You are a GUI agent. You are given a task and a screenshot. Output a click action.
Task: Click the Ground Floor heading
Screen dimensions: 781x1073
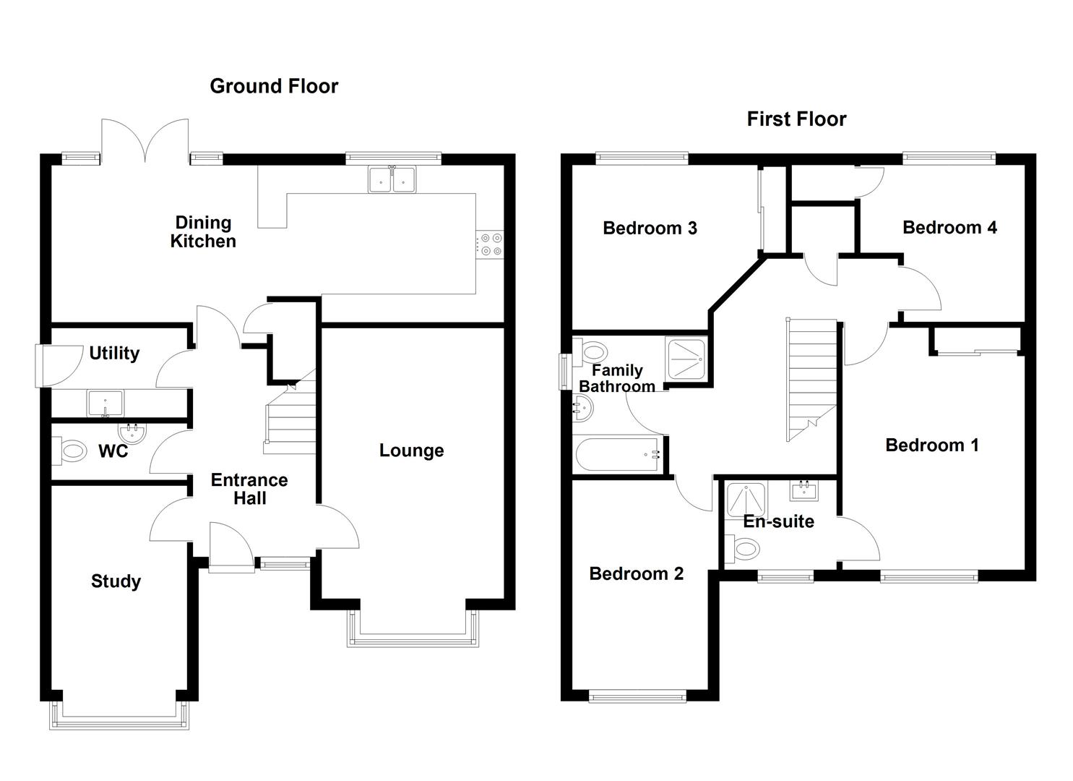click(274, 86)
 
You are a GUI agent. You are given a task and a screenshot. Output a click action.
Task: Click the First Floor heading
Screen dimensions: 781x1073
click(796, 119)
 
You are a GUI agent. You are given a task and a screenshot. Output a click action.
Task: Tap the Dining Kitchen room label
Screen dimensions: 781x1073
click(203, 231)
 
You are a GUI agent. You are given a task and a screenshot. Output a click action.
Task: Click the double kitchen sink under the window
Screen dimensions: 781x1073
click(392, 179)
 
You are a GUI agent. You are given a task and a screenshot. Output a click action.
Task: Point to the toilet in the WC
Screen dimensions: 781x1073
click(71, 452)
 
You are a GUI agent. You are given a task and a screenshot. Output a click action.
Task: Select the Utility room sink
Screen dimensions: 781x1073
click(105, 402)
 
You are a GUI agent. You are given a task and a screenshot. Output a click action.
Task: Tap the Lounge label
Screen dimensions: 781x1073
click(411, 451)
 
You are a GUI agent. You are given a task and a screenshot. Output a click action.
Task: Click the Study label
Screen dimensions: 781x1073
click(116, 581)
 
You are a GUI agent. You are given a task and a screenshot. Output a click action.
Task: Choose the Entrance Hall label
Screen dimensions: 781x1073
click(249, 489)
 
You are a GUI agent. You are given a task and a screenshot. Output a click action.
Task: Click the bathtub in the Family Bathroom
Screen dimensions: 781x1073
click(619, 455)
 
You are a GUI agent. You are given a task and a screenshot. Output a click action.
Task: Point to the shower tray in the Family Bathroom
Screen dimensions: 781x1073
click(687, 358)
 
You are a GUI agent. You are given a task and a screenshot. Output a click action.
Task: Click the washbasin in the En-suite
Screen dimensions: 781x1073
click(804, 492)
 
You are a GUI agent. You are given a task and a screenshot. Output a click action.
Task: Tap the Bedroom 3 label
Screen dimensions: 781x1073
click(650, 229)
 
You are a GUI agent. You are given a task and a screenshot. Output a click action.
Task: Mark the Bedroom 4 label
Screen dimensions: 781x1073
click(949, 228)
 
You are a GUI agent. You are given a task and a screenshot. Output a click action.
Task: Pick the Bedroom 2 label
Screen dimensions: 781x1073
click(636, 573)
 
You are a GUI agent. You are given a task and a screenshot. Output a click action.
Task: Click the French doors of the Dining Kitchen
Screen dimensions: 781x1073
click(146, 141)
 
